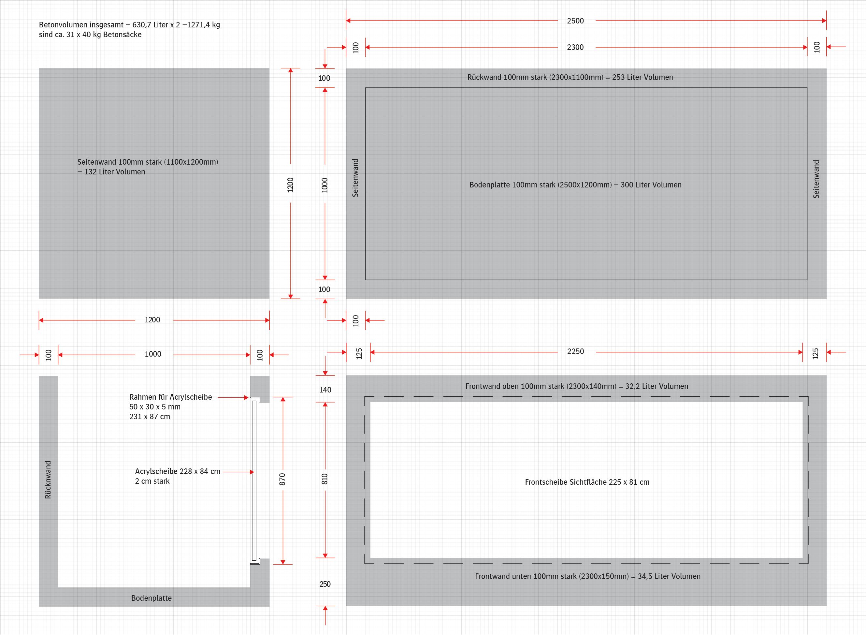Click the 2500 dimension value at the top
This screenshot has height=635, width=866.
tap(575, 21)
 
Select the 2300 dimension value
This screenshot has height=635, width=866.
tap(575, 47)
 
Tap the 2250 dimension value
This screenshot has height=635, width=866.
tap(575, 351)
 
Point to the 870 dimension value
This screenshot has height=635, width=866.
tap(282, 479)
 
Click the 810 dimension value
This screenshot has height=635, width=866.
tap(325, 479)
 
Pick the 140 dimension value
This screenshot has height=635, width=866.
tap(325, 390)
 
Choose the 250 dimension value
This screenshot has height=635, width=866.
tap(325, 584)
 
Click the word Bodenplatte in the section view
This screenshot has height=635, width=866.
tap(152, 598)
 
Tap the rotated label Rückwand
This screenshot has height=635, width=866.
tap(48, 480)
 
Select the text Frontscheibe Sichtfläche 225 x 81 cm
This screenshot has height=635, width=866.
tap(587, 482)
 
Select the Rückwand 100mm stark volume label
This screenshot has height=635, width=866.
tap(570, 77)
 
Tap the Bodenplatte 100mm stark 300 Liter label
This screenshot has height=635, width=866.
tap(575, 185)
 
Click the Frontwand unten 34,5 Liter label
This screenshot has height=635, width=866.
tap(587, 576)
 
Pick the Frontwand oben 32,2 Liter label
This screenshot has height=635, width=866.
tap(577, 386)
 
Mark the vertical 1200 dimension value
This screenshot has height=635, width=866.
tap(291, 185)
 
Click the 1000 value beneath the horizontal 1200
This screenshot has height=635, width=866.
tap(153, 354)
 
